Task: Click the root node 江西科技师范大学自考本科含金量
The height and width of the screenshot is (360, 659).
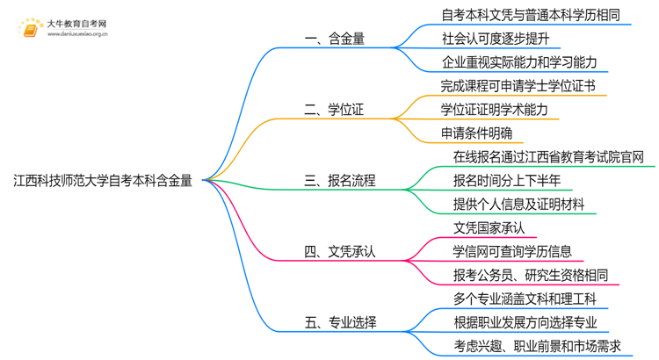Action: pyautogui.click(x=104, y=181)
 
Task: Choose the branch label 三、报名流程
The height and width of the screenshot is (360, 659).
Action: pyautogui.click(x=340, y=181)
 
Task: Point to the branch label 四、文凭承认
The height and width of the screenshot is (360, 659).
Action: pyautogui.click(x=340, y=252)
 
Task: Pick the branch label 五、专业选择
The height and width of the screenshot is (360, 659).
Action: pyautogui.click(x=340, y=323)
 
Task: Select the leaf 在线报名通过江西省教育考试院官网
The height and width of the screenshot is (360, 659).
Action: pyautogui.click(x=548, y=157)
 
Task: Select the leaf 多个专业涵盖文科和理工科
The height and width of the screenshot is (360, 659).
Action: pyautogui.click(x=525, y=299)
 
